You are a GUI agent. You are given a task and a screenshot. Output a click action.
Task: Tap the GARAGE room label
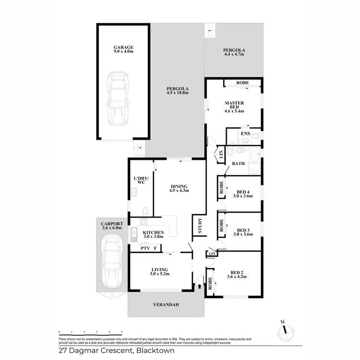[x=123, y=47]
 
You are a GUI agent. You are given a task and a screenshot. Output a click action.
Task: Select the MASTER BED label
[x=235, y=106]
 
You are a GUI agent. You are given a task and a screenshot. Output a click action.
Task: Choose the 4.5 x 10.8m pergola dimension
[x=177, y=93]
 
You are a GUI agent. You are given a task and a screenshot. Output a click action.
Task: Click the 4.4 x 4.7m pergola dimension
[x=234, y=55]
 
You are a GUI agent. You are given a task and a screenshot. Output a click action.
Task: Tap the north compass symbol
[x=286, y=329]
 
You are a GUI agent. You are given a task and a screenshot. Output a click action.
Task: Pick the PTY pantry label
[x=144, y=248]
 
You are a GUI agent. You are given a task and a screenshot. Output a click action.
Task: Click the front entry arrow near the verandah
[x=200, y=287]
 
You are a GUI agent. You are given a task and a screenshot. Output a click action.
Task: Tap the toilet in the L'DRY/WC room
[x=144, y=211]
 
